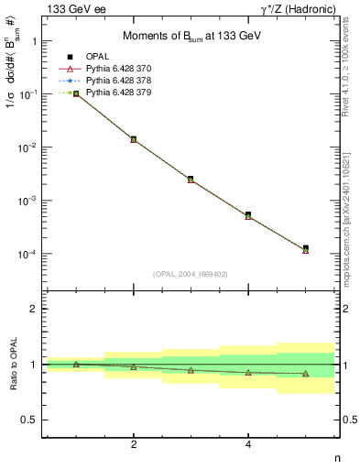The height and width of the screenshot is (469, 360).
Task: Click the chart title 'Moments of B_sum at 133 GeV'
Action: [x=191, y=37]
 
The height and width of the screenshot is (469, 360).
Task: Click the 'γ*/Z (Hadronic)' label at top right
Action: [x=300, y=9]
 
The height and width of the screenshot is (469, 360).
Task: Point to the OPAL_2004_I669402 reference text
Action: [x=191, y=273]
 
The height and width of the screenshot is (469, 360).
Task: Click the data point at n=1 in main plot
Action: [x=76, y=93]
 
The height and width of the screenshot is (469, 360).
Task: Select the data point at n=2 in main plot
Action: [x=134, y=139]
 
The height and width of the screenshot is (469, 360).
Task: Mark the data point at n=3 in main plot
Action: [x=191, y=179]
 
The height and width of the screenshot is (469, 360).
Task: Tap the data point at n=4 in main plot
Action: [x=248, y=215]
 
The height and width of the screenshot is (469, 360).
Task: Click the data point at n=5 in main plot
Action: [x=305, y=248]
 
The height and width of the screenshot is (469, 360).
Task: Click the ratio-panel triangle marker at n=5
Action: [x=305, y=374]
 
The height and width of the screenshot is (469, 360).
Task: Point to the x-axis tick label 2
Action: [x=134, y=444]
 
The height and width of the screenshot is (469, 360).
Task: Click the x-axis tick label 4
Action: [x=248, y=444]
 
